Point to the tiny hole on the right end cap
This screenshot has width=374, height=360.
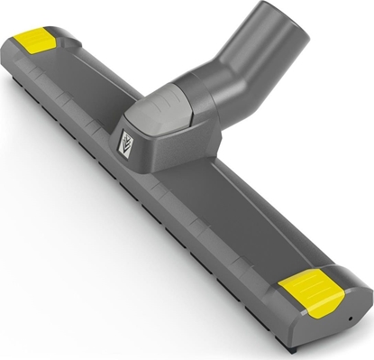click(351, 320)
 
